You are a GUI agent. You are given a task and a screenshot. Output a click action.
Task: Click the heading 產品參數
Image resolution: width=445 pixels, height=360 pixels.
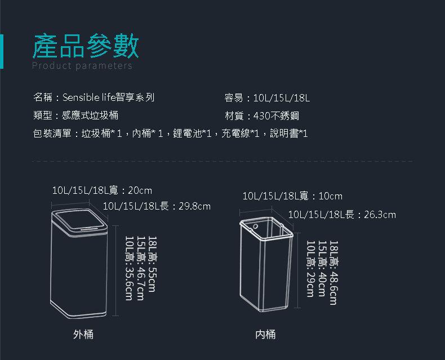[86, 46]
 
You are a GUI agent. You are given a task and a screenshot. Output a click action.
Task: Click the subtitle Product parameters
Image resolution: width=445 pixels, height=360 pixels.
[82, 66]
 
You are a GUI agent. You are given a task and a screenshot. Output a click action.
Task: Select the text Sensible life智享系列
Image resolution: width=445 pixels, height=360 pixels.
[108, 98]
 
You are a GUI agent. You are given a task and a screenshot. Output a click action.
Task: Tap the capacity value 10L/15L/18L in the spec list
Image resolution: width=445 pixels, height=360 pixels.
[282, 98]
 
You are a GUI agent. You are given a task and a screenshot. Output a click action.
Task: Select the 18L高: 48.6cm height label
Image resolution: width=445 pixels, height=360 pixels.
[333, 272]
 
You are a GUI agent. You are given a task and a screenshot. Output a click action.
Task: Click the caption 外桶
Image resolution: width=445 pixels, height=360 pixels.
[83, 335]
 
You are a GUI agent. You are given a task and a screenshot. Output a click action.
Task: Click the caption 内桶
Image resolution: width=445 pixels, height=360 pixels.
[265, 335]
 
